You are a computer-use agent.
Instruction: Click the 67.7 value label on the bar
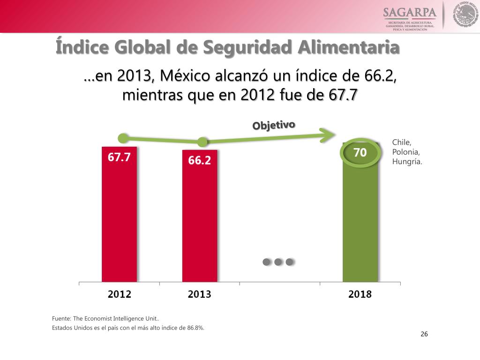pos(119,157)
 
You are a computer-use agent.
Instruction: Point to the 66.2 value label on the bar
pos(200,160)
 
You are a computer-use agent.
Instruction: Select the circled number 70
pos(360,153)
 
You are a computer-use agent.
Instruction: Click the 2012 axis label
pos(119,294)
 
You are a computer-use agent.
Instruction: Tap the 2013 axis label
pos(200,294)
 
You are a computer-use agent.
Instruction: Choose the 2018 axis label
pos(360,294)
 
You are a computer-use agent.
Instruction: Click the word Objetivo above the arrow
pos(274,125)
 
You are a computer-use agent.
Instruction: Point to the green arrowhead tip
pos(334,135)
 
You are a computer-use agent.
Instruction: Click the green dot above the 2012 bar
pos(123,138)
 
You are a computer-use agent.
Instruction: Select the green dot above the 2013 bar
pos(202,142)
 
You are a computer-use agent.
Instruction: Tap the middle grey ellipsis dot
pos(278,262)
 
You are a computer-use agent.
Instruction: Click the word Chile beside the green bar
pos(402,142)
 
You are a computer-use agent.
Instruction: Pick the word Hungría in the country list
pos(407,162)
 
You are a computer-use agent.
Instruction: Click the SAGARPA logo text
pos(410,12)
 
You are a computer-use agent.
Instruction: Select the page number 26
pos(424,334)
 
